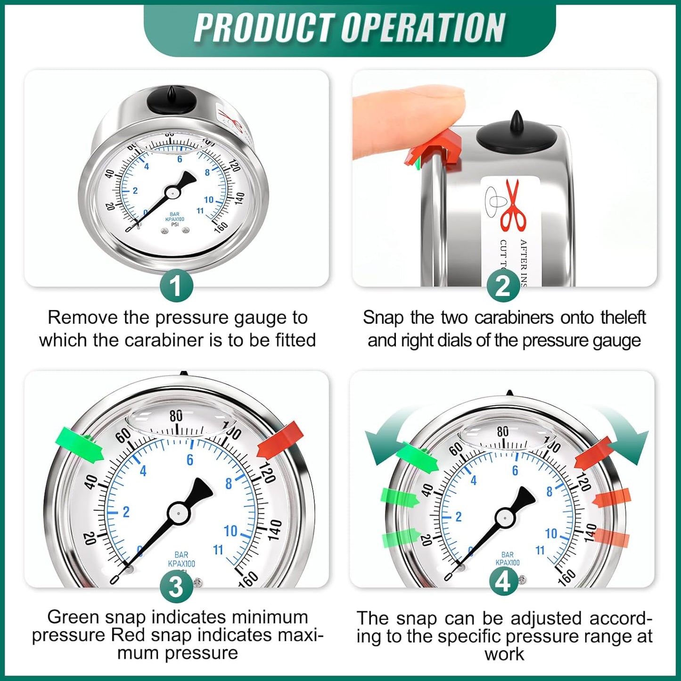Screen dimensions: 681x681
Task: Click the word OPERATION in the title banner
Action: tap(423, 28)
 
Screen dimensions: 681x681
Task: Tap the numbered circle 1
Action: tap(176, 286)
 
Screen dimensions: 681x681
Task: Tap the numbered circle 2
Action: tap(503, 286)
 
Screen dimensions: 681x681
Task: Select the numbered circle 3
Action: tap(176, 587)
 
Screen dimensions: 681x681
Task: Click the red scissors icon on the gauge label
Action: tap(514, 205)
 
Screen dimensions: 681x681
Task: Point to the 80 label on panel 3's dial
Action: tap(176, 416)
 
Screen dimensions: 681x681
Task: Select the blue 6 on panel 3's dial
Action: tap(189, 459)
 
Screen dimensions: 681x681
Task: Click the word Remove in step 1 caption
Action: tap(82, 318)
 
